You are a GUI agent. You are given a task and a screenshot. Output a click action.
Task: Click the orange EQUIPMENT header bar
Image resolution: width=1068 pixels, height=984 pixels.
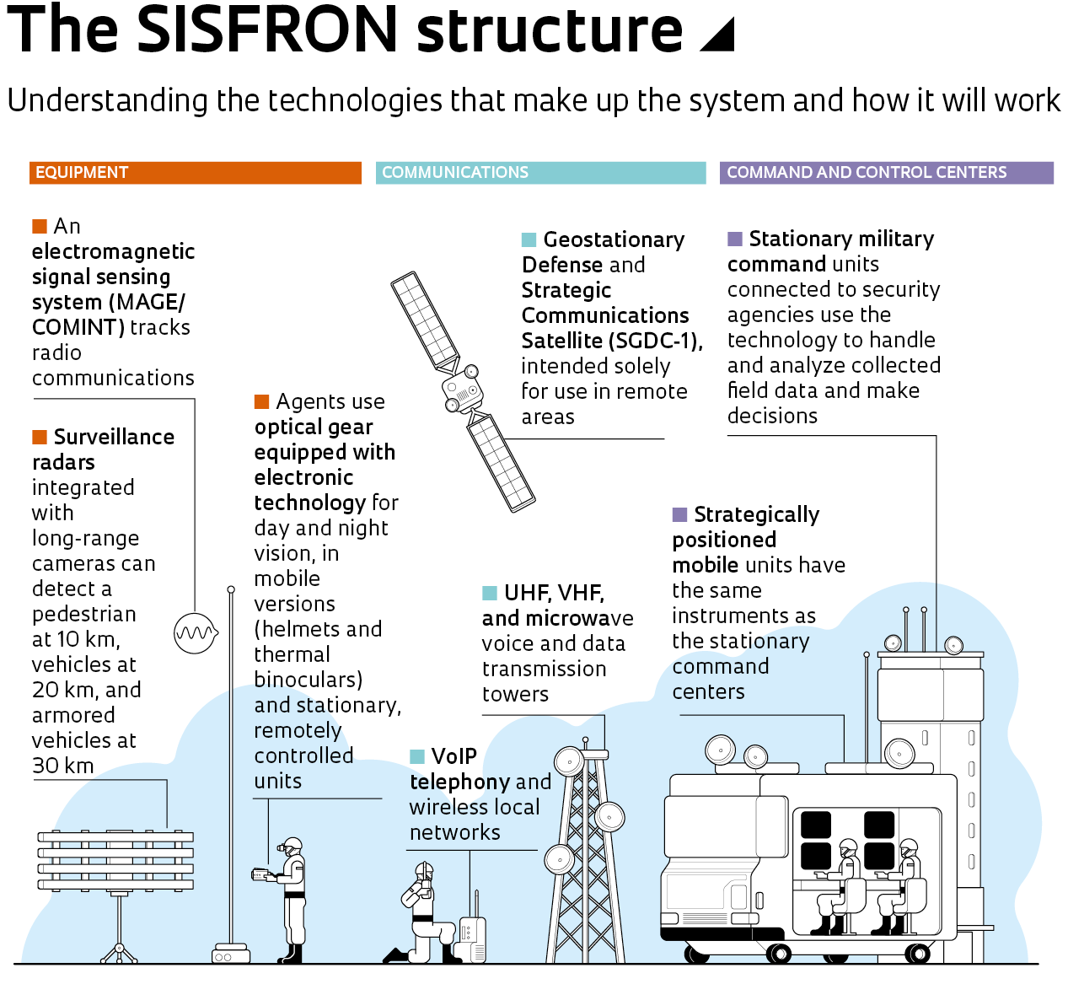click(195, 173)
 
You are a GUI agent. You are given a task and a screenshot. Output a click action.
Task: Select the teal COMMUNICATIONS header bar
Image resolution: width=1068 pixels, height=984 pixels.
click(540, 173)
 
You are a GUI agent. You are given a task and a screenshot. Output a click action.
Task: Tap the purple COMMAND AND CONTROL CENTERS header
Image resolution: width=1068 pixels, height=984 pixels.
click(886, 173)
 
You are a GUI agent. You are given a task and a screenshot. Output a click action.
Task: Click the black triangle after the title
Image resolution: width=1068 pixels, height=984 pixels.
click(720, 35)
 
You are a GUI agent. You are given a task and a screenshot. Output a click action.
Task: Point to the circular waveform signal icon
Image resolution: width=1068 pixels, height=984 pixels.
click(196, 632)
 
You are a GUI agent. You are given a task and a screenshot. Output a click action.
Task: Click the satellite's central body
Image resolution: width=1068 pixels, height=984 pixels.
click(463, 391)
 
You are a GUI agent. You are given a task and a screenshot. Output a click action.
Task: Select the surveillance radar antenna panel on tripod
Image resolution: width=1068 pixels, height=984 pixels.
click(115, 860)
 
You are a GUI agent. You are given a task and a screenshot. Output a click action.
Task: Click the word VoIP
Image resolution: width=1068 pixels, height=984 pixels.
click(453, 756)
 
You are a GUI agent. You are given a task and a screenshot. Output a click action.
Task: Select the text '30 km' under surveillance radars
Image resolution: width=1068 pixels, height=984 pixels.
click(63, 766)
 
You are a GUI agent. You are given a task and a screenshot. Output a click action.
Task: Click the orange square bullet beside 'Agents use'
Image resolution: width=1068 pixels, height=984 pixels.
click(262, 401)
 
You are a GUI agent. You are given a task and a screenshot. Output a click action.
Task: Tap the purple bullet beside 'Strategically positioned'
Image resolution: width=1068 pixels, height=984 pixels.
click(679, 514)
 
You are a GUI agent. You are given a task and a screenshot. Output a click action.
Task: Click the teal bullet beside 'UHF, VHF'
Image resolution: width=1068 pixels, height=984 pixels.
click(490, 593)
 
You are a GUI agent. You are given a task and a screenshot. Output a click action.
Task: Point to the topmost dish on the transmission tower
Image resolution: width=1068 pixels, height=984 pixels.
click(570, 763)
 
